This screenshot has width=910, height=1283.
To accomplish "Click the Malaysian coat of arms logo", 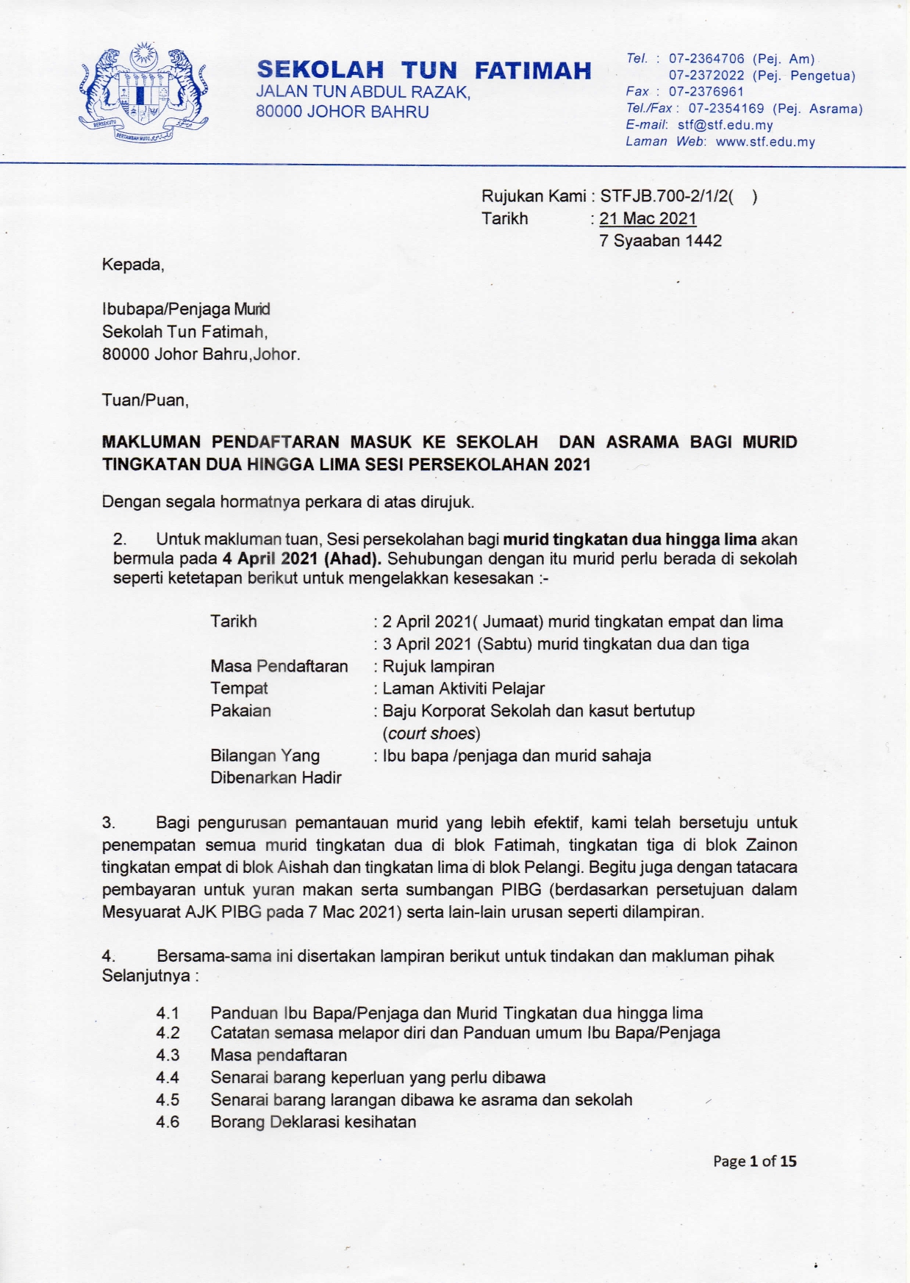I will pos(144,93).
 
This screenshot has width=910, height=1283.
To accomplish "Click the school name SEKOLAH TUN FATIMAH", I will pos(424,70).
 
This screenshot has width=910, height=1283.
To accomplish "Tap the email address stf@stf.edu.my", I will pos(725,125).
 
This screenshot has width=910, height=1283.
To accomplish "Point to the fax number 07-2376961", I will pos(706,92).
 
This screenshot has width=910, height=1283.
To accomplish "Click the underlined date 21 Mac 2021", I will pos(648,218).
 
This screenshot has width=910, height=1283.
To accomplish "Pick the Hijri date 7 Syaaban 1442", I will pos(660,241).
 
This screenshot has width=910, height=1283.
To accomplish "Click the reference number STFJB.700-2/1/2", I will pos(667,196).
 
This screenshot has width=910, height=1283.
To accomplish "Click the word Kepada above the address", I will pos(132,265).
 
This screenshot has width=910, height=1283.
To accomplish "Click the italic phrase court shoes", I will pos(431,733).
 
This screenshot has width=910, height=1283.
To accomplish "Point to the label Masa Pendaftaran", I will pos(279,666).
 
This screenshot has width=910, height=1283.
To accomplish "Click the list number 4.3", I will pos(168,1055).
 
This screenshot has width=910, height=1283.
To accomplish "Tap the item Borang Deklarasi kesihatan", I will pos(313,1122).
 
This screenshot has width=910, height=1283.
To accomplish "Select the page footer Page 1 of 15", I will pos(754,1161).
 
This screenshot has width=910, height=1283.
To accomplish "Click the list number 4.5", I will pos(168,1100).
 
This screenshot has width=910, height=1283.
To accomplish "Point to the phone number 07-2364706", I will pos(706,59).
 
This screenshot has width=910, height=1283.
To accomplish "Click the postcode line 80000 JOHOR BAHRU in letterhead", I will pos(342,112).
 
